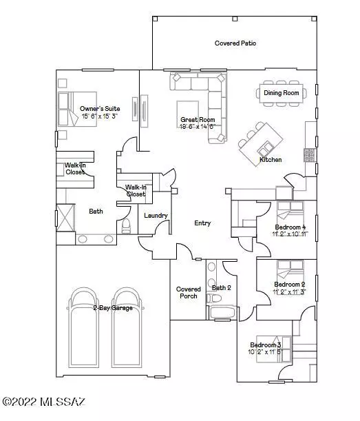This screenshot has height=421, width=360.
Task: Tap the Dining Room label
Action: click(281, 93)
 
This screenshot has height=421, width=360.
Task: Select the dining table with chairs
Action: click(281, 93)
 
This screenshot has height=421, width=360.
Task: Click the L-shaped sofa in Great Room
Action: click(198, 89)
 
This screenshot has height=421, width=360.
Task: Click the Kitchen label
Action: click(271, 160)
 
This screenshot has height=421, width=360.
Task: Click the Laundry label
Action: click(156, 216)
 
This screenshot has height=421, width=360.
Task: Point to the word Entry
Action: click(202, 223)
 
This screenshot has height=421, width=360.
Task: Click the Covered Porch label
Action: click(189, 293)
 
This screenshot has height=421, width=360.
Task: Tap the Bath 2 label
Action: click(221, 288)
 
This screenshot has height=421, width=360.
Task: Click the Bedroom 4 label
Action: click(290, 227)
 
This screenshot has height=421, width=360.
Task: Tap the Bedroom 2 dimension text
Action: click(290, 292)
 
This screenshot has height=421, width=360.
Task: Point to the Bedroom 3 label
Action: click(265, 345)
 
